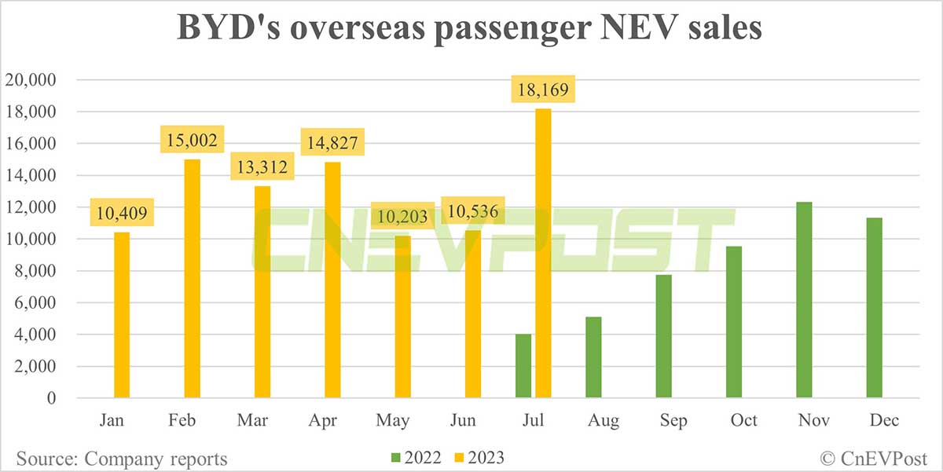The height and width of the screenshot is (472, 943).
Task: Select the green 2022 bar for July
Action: click(x=523, y=366)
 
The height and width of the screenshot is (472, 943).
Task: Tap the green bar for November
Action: click(x=804, y=300)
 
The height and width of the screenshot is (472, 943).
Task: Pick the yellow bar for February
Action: click(x=192, y=278)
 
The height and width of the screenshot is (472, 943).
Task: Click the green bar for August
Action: click(x=593, y=357)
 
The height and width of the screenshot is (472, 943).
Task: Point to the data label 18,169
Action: click(x=543, y=88)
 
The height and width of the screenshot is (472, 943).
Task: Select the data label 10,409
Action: click(x=122, y=212)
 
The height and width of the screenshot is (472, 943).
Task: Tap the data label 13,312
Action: click(x=262, y=166)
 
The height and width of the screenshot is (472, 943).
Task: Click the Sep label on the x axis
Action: click(x=673, y=421)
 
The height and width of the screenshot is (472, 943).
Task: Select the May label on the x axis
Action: click(x=393, y=421)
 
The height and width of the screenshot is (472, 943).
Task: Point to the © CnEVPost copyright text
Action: click(x=872, y=458)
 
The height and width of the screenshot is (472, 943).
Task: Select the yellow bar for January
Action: click(x=122, y=315)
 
